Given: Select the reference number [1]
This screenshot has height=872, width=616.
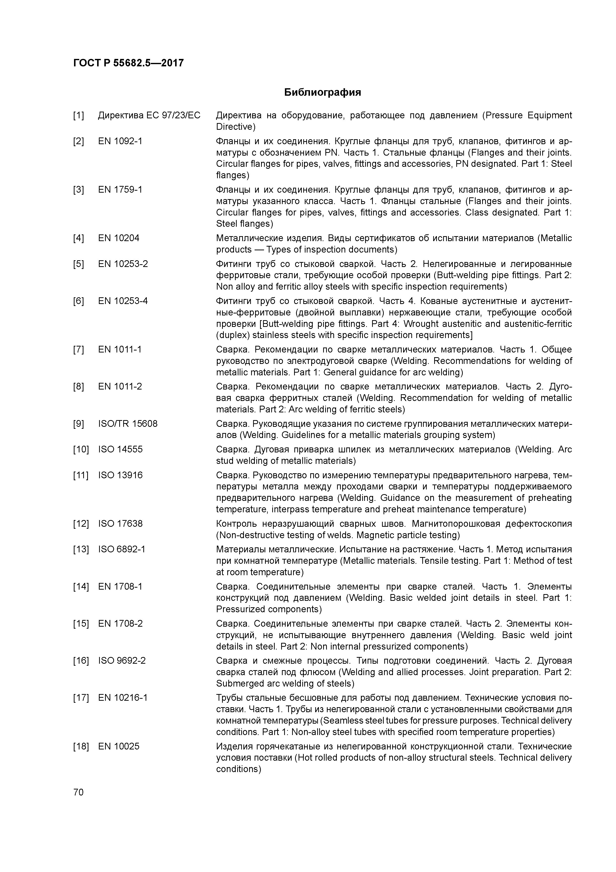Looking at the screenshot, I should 78,115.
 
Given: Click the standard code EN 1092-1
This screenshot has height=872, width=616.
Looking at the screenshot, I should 120,141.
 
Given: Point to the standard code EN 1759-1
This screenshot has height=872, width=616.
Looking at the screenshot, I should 120,189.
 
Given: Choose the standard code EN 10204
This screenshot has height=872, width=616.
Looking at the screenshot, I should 118,238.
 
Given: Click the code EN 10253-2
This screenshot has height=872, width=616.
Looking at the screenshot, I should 123,264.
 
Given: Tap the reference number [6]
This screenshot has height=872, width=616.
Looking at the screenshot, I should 78,301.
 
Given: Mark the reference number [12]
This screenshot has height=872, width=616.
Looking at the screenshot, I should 80,524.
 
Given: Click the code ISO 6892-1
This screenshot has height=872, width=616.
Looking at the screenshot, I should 121,550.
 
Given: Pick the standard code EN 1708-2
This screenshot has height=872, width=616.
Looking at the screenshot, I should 120,624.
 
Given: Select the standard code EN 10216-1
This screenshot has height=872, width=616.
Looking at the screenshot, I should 123,698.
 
